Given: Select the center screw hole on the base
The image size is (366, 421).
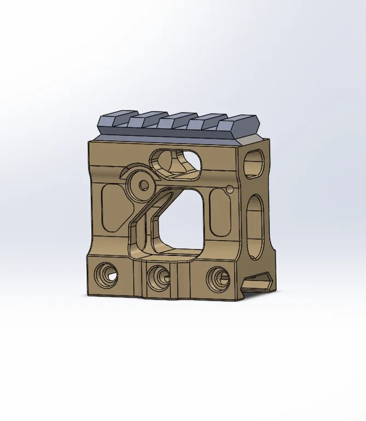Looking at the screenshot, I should click(159, 274).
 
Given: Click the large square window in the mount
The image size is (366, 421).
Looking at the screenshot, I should click(179, 219).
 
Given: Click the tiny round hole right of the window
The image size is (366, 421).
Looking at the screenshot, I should click(229, 190).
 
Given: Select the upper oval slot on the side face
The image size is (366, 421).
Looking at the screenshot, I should click(254, 163).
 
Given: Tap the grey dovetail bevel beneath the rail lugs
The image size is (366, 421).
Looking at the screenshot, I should click(170, 135).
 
